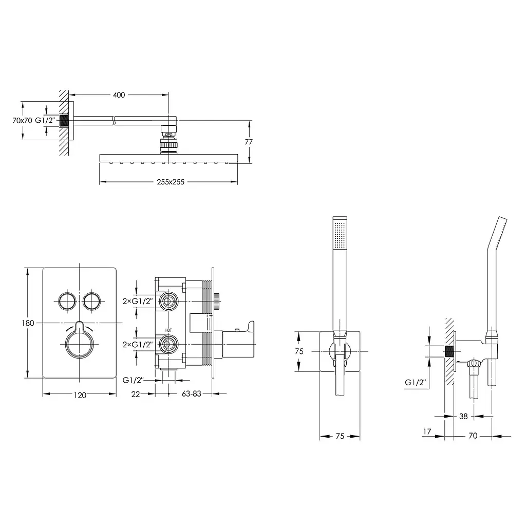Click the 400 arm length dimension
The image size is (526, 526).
click(x=119, y=95)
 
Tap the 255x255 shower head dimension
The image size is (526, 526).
click(x=171, y=182)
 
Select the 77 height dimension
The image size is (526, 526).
click(x=249, y=142)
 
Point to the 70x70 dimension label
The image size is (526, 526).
click(x=22, y=120)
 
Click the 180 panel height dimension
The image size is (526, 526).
click(x=28, y=323)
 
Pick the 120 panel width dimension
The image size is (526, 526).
click(x=80, y=396)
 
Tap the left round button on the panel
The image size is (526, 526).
click(x=67, y=301)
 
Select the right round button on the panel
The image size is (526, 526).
click(x=91, y=301)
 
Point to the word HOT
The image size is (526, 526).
click(x=168, y=330)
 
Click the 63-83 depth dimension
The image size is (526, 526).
click(x=192, y=394)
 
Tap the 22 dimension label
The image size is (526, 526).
click(x=136, y=394)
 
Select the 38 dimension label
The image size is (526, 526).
click(x=463, y=416)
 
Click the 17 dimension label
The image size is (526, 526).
click(x=427, y=431)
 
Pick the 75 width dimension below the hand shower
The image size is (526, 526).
click(x=340, y=436)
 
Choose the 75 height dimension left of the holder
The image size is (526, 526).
click(x=299, y=351)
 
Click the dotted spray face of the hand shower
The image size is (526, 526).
click(x=341, y=235)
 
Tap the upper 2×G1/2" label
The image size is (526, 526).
click(x=138, y=301)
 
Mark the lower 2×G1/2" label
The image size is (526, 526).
click(x=138, y=345)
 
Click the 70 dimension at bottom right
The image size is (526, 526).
click(x=473, y=436)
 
